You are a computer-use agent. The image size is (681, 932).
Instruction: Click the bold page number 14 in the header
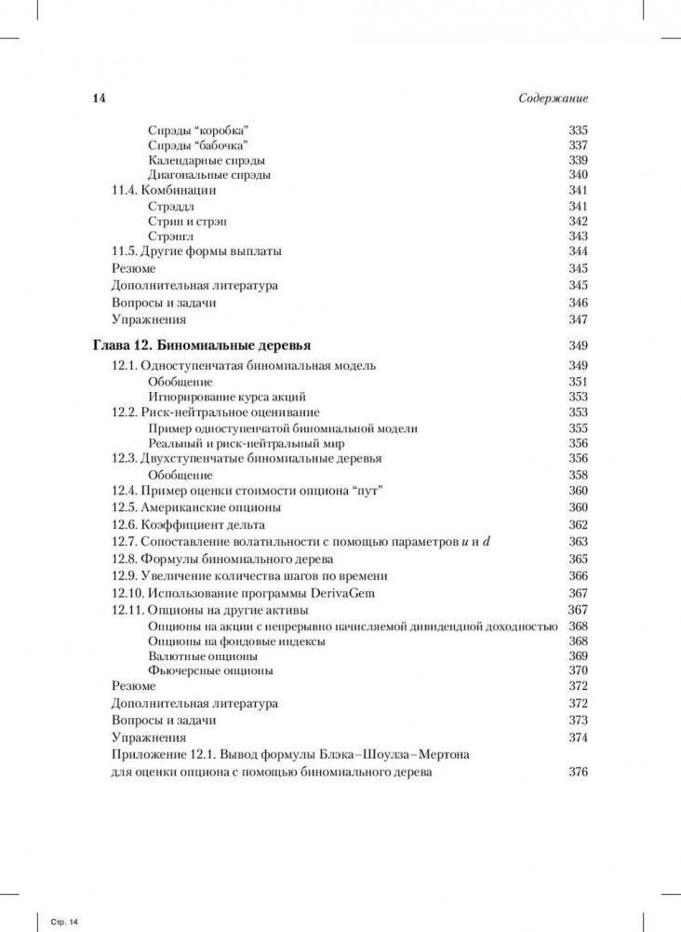point(100,99)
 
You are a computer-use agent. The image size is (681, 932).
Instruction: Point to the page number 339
point(578,160)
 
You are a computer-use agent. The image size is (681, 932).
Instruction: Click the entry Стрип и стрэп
point(187,221)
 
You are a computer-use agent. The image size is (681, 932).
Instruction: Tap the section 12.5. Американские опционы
point(196,507)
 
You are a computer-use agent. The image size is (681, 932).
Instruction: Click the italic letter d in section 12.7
point(485,541)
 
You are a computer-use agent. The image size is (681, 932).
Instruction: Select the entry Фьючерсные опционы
point(210,670)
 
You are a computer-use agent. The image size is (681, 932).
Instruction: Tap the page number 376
point(578,772)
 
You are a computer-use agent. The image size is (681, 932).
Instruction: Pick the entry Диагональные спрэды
point(209,175)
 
